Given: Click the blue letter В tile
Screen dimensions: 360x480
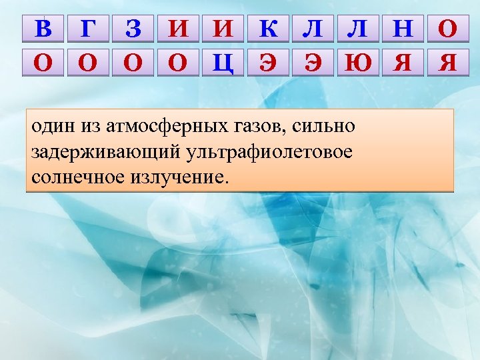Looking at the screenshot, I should tap(43, 29).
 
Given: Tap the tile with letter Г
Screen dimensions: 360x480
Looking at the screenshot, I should tap(88, 29).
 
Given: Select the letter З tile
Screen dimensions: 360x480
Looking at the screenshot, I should tap(133, 29).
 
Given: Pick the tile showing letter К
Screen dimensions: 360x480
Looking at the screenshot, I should tap(268, 29).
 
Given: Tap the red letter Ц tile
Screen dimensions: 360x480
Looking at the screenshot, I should tap(223, 63).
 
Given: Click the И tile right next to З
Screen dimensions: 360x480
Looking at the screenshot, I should tap(178, 29).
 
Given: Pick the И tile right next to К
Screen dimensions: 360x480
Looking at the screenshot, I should tap(223, 29).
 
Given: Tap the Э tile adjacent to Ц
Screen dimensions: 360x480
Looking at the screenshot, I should tap(268, 63).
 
